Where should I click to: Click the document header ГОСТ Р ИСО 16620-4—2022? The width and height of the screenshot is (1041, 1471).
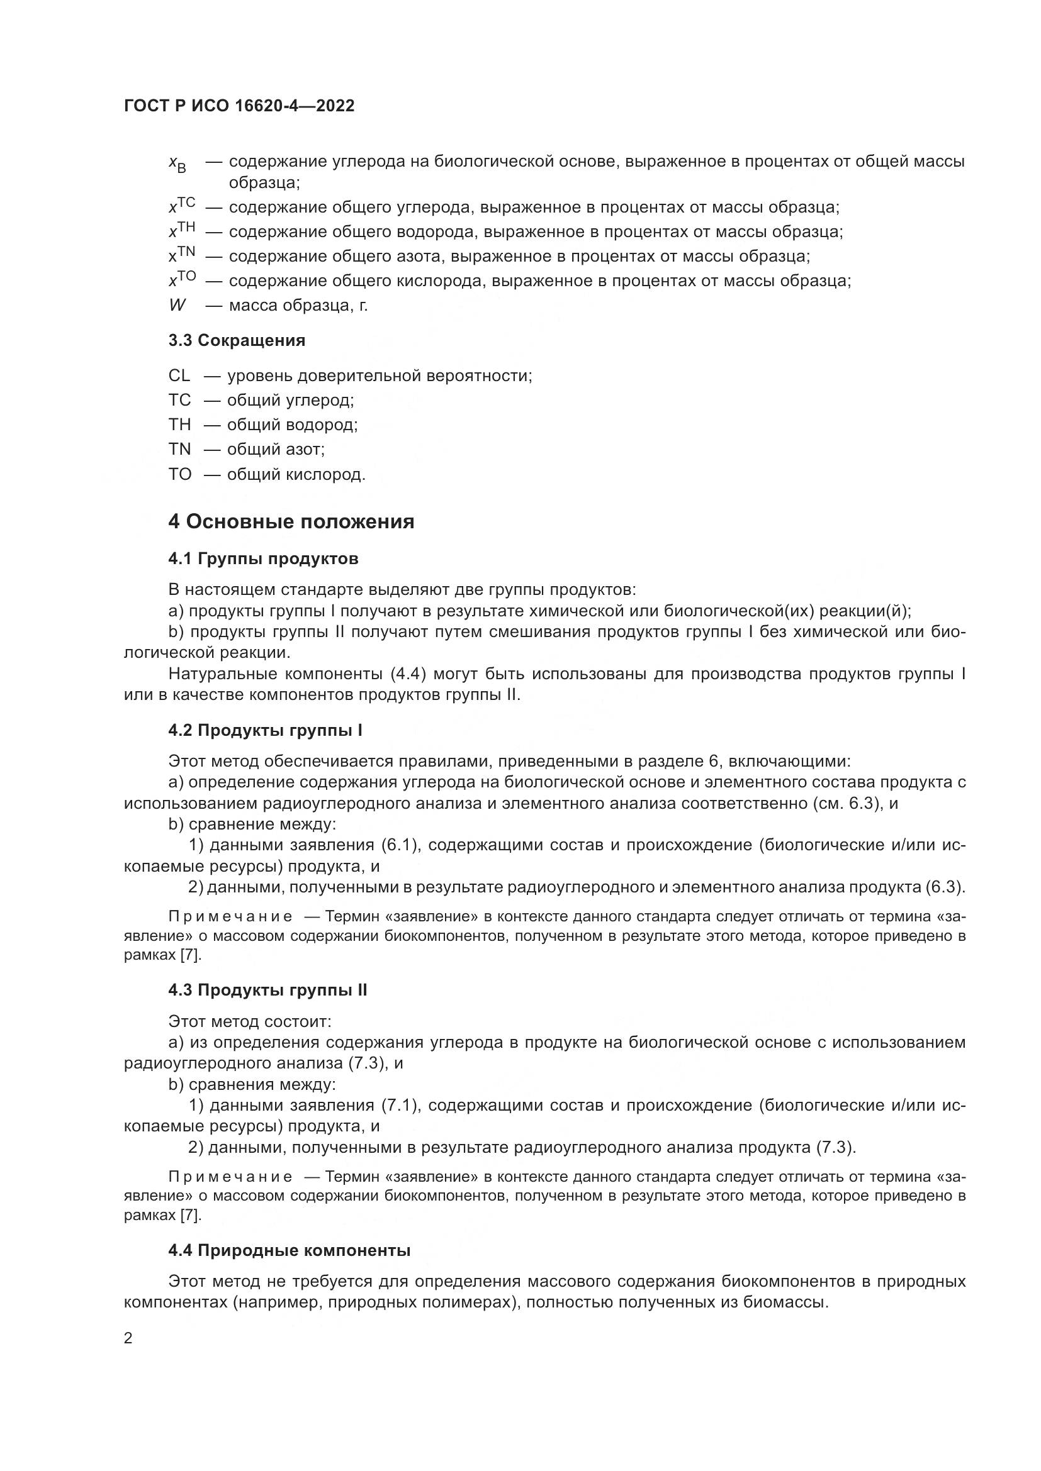(239, 106)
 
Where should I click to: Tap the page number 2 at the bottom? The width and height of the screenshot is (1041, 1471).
(128, 1338)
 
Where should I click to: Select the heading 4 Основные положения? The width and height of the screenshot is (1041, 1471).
(291, 521)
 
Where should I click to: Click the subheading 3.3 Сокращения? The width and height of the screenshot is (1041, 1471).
(237, 340)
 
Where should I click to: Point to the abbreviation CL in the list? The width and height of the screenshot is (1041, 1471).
(179, 375)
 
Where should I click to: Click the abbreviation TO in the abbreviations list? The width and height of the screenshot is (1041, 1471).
(180, 474)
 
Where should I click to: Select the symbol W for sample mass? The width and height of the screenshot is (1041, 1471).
(177, 305)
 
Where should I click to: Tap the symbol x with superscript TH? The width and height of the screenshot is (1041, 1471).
(181, 230)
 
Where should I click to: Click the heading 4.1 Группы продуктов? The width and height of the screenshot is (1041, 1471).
(263, 558)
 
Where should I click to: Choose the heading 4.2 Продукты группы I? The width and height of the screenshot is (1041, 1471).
(266, 730)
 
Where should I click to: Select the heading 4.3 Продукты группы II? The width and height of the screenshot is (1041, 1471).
(267, 990)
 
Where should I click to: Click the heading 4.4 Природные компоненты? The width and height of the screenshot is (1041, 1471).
(289, 1250)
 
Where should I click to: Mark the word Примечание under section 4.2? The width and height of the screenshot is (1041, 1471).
(230, 917)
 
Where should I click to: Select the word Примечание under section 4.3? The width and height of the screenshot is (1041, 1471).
(230, 1177)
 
